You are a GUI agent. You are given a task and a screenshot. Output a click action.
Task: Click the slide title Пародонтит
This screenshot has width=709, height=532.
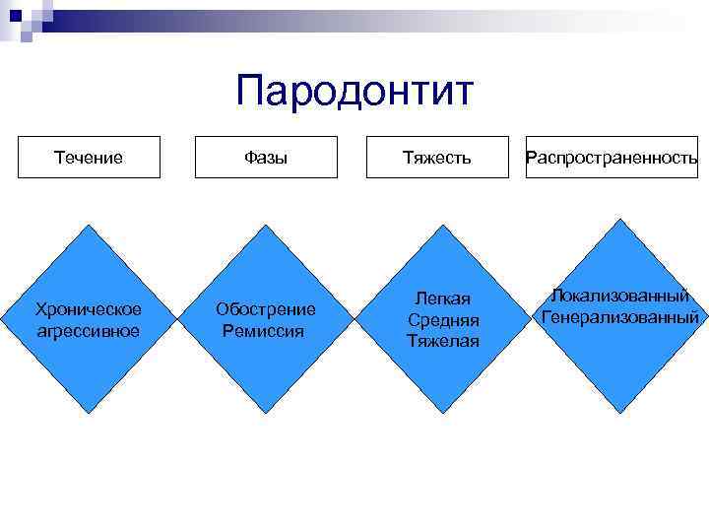(x=354, y=92)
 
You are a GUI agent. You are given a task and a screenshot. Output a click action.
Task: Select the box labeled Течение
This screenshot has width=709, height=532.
(x=90, y=157)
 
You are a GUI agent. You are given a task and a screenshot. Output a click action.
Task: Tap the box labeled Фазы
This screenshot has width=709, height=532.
(x=266, y=157)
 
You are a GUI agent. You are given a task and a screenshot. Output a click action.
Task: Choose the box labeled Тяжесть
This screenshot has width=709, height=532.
(x=437, y=157)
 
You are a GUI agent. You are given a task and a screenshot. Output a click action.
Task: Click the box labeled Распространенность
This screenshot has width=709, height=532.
(x=612, y=157)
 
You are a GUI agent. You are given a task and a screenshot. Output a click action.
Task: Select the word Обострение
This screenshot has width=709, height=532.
(x=266, y=309)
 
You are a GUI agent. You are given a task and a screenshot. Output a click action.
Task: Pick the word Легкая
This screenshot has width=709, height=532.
(x=442, y=299)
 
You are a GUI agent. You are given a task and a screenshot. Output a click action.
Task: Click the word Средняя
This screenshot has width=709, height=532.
(x=442, y=320)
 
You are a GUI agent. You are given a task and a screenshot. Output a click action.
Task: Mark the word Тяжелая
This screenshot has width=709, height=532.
(x=442, y=341)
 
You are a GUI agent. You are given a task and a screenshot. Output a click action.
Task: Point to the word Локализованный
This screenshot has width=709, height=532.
(x=619, y=296)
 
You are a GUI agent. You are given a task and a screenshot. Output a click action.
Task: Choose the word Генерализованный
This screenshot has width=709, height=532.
(x=620, y=317)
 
